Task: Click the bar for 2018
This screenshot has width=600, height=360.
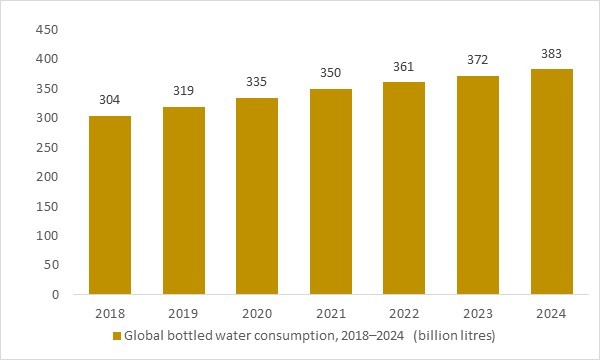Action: [109, 205]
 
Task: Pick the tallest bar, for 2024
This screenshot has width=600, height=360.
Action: [552, 182]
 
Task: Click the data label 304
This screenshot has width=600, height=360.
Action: [109, 100]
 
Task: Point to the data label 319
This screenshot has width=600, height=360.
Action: [183, 91]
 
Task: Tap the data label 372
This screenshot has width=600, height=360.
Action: [478, 60]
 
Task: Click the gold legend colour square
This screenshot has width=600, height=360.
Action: [116, 334]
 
